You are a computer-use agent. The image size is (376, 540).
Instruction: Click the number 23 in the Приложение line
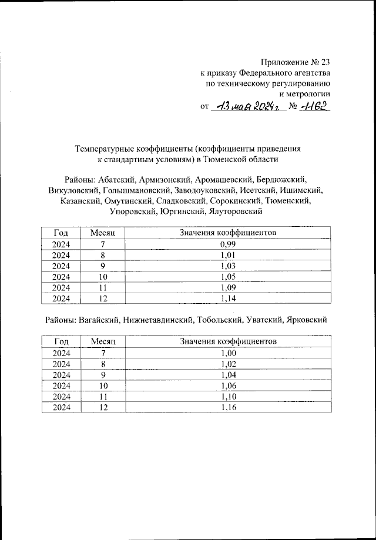click(x=324, y=62)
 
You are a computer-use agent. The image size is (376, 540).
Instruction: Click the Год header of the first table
click(x=61, y=233)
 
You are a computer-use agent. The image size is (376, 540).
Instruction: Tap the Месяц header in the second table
click(x=102, y=341)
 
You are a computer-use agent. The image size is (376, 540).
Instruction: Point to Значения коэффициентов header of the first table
click(x=227, y=233)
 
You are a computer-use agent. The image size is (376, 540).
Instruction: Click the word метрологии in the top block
click(x=304, y=93)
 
